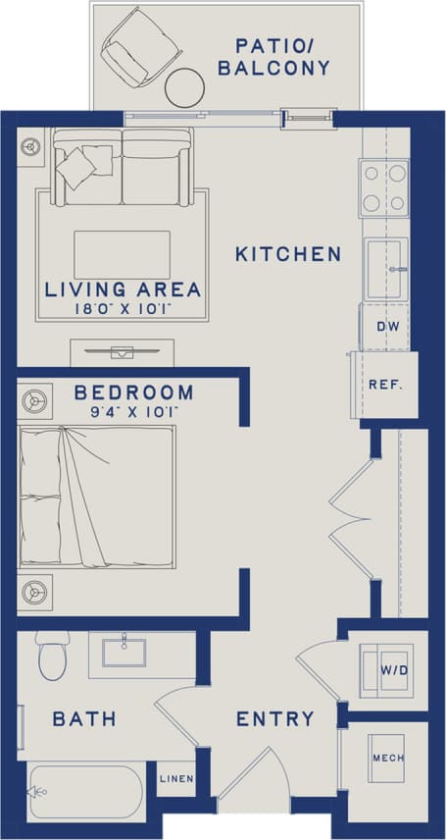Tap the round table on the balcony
tap(183, 88)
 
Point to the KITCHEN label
tap(288, 254)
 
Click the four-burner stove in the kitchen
tap(384, 187)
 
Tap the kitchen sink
tap(386, 268)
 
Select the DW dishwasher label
tap(384, 326)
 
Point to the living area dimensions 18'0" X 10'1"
tap(123, 308)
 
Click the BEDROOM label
tap(134, 393)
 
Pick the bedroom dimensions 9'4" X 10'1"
tap(134, 411)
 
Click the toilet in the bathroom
tap(51, 656)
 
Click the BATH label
tap(84, 719)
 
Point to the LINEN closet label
tap(177, 779)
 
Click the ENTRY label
tap(275, 719)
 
